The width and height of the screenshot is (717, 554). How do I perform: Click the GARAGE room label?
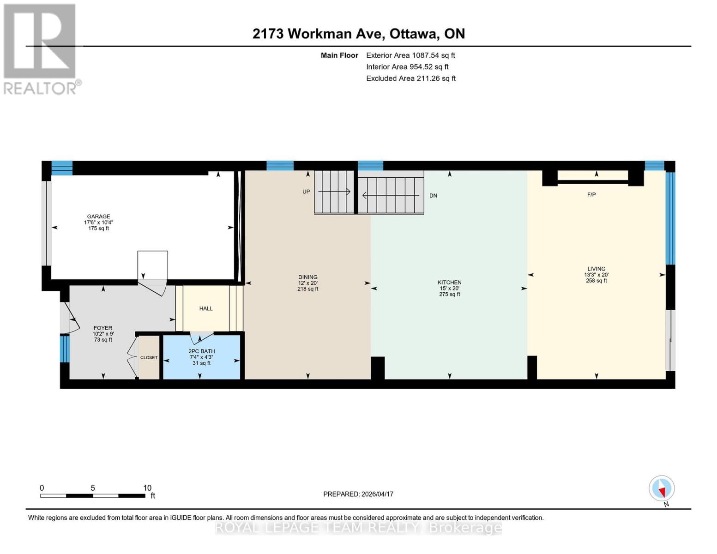click(x=98, y=217)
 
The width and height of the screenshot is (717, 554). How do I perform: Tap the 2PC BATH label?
click(x=201, y=351)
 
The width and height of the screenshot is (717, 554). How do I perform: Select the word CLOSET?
click(x=149, y=358)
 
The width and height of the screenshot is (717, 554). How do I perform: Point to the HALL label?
click(x=206, y=308)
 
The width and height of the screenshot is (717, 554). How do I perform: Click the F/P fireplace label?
click(x=591, y=195)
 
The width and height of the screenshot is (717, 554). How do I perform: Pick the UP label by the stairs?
click(x=306, y=192)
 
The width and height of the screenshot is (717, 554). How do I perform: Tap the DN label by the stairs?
click(x=433, y=196)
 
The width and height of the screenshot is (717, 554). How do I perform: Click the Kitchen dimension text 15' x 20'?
click(x=449, y=289)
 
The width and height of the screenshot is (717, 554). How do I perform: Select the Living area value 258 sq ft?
click(x=596, y=281)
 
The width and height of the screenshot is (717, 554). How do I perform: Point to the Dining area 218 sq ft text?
click(x=308, y=289)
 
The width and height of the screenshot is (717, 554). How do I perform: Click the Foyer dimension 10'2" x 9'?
click(x=103, y=334)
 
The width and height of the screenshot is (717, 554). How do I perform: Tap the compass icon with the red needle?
click(x=662, y=488)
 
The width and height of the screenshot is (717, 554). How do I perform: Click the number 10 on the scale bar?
click(x=147, y=488)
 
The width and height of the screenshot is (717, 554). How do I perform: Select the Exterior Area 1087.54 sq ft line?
click(x=410, y=55)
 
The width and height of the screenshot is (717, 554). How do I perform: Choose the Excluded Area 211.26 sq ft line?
click(x=411, y=78)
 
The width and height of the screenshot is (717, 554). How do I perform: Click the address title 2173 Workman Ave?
click(x=317, y=34)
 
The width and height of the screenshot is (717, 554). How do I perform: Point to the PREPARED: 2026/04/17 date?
click(x=358, y=494)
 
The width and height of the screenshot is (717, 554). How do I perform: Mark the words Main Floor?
click(x=339, y=55)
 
